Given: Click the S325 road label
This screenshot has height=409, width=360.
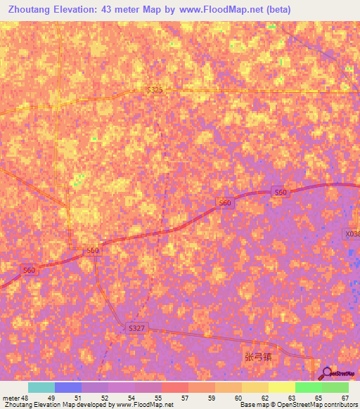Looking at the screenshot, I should coord(155,90).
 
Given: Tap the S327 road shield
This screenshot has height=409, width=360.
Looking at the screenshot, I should coord(136,328).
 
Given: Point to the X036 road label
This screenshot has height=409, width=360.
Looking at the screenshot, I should coord(352,234).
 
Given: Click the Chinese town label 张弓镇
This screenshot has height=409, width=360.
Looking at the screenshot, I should coord(257,356).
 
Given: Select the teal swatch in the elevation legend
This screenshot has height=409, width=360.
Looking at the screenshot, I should coord(41,387).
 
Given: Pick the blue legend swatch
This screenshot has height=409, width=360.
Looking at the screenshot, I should coord(68,387).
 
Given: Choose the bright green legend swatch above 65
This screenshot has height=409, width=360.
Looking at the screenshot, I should coord(308,387).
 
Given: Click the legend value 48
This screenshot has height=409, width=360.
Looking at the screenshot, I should coord(25,398).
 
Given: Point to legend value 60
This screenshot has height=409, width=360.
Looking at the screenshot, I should coord(238,398).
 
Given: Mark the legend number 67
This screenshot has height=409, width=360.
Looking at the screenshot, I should coord(345,398).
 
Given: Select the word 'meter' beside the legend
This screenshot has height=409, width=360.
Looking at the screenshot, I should coord(11,398).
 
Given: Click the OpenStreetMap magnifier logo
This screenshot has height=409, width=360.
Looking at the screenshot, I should coord(326,372).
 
